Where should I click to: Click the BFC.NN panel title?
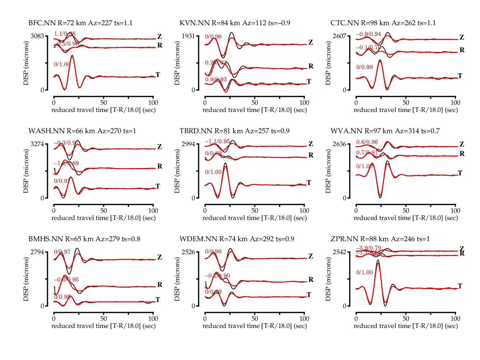coord(80,23)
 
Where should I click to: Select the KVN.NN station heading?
coord(235,23)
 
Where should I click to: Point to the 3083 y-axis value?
coord(37,36)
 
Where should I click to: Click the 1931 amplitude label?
coord(189,36)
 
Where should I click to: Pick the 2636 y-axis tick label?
coord(340,144)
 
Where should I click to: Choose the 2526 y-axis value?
coord(189,252)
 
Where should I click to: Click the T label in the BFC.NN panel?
coord(158,75)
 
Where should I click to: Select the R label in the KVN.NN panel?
coord(311,66)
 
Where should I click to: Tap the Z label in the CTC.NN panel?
coord(462,37)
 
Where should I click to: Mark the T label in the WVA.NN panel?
coord(460,173)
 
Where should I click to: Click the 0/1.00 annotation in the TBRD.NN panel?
coord(213,172)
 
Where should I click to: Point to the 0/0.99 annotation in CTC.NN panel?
coord(364,67)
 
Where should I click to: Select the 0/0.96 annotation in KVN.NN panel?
coord(213,37)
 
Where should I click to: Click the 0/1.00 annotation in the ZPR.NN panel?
coord(364,273)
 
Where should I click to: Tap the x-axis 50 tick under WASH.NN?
coord(104,211)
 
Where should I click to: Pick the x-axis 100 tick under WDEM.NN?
coord(304,319)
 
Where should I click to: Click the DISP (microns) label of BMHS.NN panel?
coord(26,279)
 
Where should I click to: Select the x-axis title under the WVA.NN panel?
coord(406,218)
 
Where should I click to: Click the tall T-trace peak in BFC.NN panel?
coord(72,56)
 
